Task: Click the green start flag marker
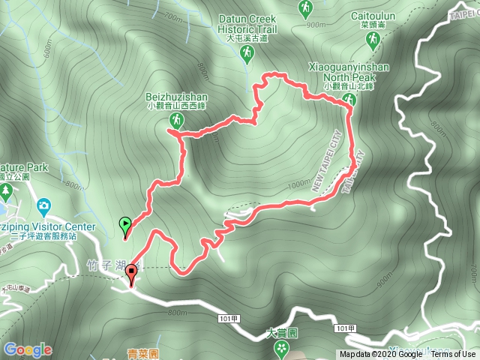point(125,223)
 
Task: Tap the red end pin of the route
point(132,273)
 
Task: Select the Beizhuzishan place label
point(177,97)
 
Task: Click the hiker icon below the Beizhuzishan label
point(176,120)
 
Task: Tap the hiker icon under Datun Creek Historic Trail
point(247,52)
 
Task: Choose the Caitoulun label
point(373,15)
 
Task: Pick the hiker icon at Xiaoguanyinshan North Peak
point(349,100)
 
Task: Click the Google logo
point(28,349)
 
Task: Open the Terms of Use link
point(453,355)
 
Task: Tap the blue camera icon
point(43,205)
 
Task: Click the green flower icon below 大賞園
point(281,347)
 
